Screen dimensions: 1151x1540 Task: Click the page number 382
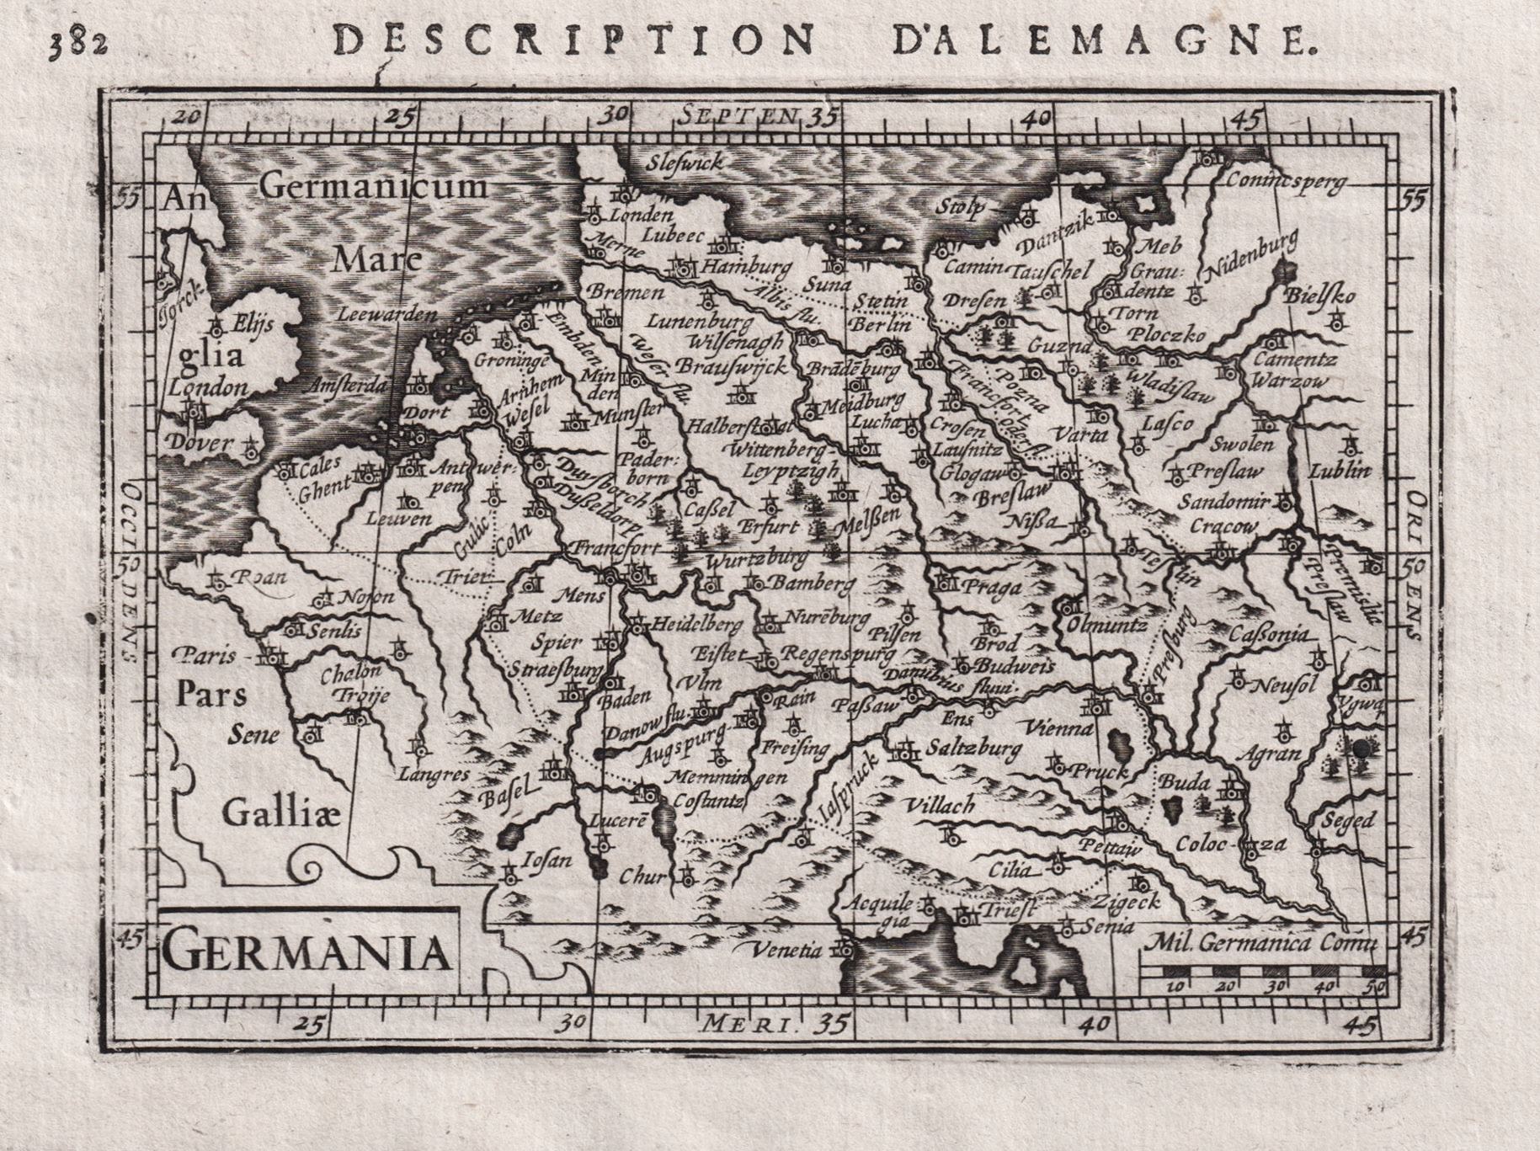click(x=77, y=42)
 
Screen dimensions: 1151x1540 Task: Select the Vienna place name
click(x=1059, y=727)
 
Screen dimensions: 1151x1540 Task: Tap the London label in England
click(x=207, y=386)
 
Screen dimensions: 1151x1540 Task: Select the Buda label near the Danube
click(x=1185, y=782)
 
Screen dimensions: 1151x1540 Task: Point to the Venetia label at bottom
click(x=788, y=951)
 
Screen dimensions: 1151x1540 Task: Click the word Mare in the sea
click(x=376, y=259)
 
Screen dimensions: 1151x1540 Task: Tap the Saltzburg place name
click(x=973, y=747)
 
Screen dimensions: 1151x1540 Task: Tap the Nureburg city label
click(x=825, y=619)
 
